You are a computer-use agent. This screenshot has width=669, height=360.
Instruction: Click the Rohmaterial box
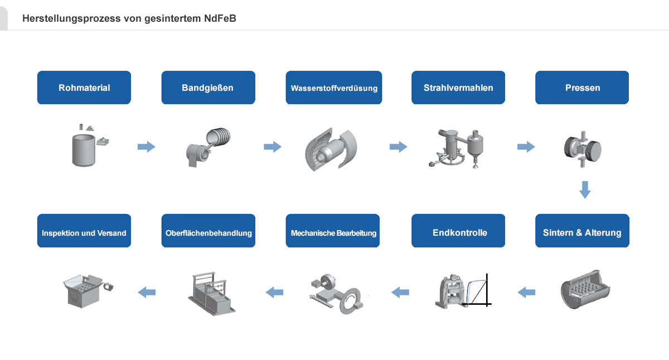pos(84,87)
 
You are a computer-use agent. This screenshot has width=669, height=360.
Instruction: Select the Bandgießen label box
pos(208,87)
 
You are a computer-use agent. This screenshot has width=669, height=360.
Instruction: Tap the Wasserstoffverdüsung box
pos(333,87)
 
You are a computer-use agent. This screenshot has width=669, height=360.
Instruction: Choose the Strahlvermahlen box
pos(458,87)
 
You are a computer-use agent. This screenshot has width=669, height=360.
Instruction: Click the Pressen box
pos(582,87)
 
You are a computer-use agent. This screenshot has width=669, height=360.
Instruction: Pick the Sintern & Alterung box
pos(582,231)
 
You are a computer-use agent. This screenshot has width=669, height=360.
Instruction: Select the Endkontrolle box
pos(458,231)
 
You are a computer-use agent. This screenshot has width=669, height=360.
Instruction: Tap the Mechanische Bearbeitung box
pos(333,231)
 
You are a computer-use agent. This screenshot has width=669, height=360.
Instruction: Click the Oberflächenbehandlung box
pos(208,231)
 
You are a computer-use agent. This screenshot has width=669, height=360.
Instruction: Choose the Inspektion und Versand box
pos(84,231)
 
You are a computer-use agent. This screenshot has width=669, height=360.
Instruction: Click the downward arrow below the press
pos(585,189)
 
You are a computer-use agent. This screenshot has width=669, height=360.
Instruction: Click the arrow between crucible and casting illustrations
pos(146,147)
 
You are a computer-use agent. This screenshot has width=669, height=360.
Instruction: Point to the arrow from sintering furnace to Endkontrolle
pos(526,292)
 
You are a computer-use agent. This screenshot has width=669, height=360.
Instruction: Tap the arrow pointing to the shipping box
pos(147,292)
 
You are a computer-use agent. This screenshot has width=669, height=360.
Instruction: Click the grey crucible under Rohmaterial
pos(84,150)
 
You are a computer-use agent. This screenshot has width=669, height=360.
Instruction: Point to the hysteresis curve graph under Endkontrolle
pos(477,290)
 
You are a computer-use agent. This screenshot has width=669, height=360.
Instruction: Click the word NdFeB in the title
pos(220,18)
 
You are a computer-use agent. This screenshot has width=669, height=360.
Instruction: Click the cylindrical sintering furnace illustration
pos(585,290)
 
